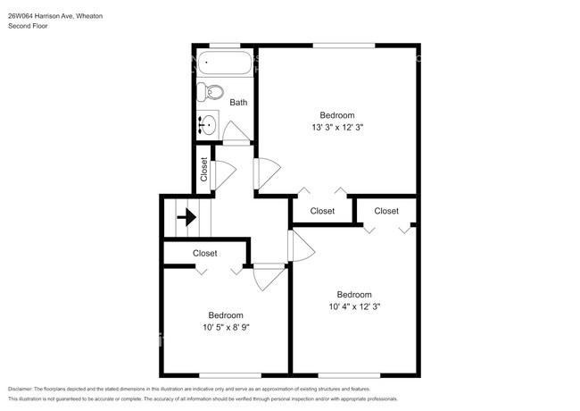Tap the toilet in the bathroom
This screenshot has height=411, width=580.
pos(212,91)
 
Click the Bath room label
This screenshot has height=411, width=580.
pos(238,103)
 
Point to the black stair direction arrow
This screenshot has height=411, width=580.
pos(187,215)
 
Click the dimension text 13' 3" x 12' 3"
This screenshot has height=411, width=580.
pos(337,128)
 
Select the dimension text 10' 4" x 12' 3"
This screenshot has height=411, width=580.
pos(353,307)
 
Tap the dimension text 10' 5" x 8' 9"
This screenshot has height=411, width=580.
pos(226,327)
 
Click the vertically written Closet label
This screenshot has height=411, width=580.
pos(204,170)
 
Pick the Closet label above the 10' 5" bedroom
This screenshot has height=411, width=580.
pos(205,254)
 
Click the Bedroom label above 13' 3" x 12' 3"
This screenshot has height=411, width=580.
pos(337,115)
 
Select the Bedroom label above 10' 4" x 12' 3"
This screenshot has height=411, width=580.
pos(353,295)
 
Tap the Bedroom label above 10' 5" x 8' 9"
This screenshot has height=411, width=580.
pos(226,315)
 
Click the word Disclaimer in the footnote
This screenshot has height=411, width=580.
pos(27,390)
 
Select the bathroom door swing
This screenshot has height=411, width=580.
pos(236,134)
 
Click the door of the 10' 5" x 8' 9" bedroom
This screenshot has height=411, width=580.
pos(266,277)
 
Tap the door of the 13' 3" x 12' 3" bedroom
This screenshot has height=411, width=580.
pos(265,171)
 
